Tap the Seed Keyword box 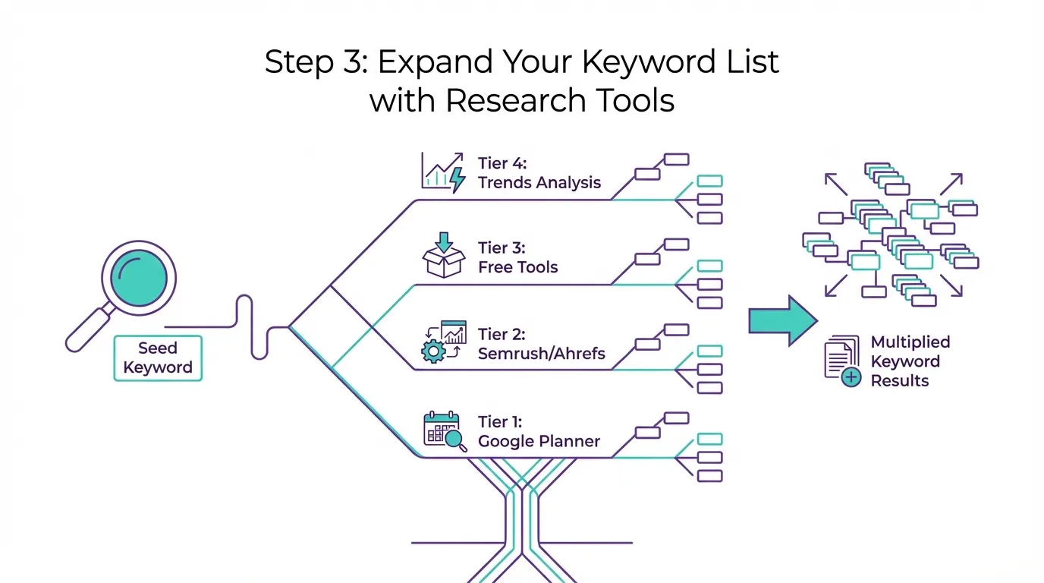[158, 358]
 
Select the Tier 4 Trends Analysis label [539, 173]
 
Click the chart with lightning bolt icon [443, 172]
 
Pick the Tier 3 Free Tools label [517, 257]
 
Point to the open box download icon [443, 255]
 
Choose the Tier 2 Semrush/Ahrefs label [541, 344]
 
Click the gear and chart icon [443, 342]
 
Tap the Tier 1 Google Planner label [539, 431]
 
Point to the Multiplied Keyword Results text [910, 361]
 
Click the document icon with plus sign [842, 361]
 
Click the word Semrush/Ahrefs [541, 354]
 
